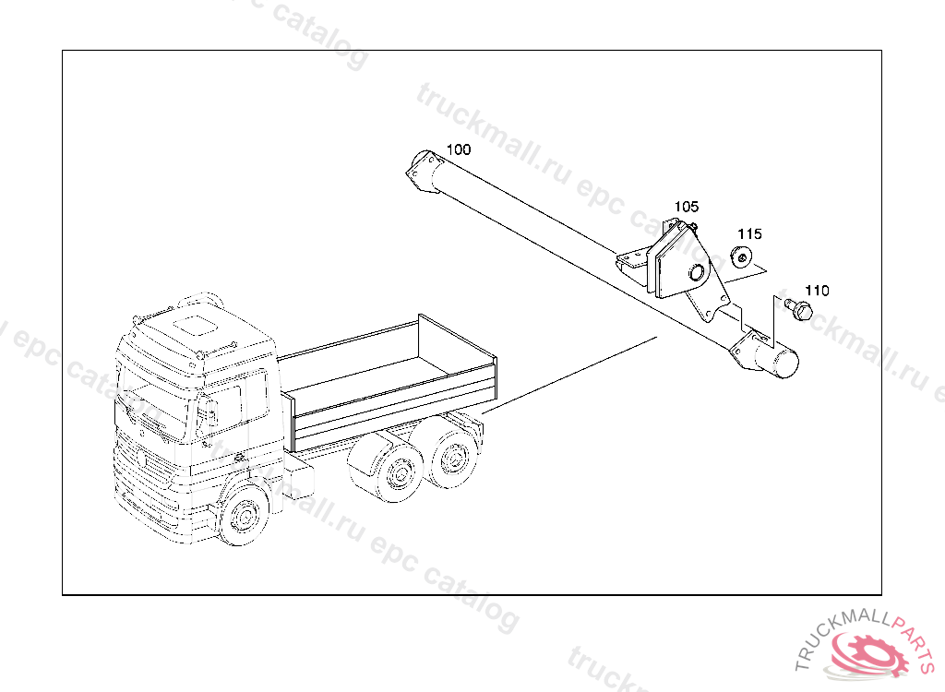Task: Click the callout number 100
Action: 459,149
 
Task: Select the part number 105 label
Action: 687,207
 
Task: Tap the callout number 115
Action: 749,233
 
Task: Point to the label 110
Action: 818,291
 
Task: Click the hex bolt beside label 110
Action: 800,310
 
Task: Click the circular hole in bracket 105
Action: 698,273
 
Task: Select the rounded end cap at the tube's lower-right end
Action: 784,363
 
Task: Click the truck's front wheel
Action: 244,516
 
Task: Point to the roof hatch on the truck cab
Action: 196,325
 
